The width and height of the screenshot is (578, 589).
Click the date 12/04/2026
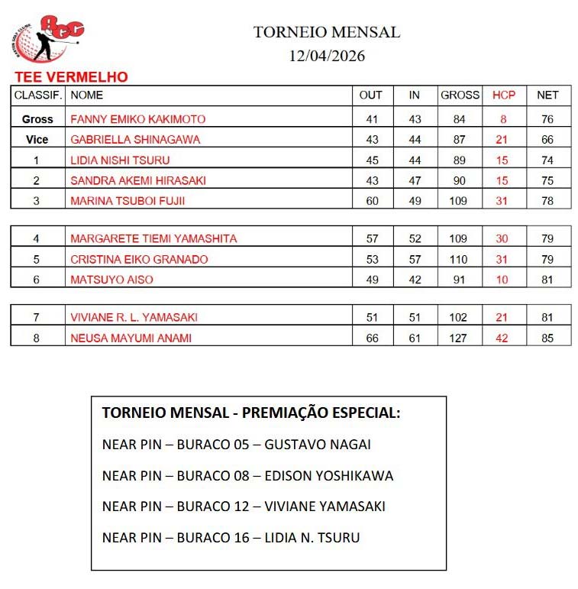coord(327,56)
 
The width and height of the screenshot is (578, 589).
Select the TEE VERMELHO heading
coord(71,77)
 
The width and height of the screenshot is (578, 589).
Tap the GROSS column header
coord(460,95)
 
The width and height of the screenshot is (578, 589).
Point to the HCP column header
coord(504,95)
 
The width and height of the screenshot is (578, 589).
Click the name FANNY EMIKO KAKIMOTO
coord(137,119)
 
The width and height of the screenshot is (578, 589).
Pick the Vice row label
coord(37,140)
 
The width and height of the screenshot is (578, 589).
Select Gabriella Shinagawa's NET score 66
coord(547,140)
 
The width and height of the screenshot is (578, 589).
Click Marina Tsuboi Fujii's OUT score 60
coord(372,201)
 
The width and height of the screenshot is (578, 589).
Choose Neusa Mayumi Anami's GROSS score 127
coord(458,338)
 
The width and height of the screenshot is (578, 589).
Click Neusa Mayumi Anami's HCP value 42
coord(502,338)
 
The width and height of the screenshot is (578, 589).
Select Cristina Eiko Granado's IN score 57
coord(415,259)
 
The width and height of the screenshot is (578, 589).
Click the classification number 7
coord(36,317)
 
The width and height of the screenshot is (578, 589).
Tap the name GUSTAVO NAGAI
coord(318,445)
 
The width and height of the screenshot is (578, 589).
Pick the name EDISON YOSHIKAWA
coord(328,476)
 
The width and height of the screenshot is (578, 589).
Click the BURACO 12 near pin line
coord(243,506)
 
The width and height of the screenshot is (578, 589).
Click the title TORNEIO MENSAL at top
coord(327,32)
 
